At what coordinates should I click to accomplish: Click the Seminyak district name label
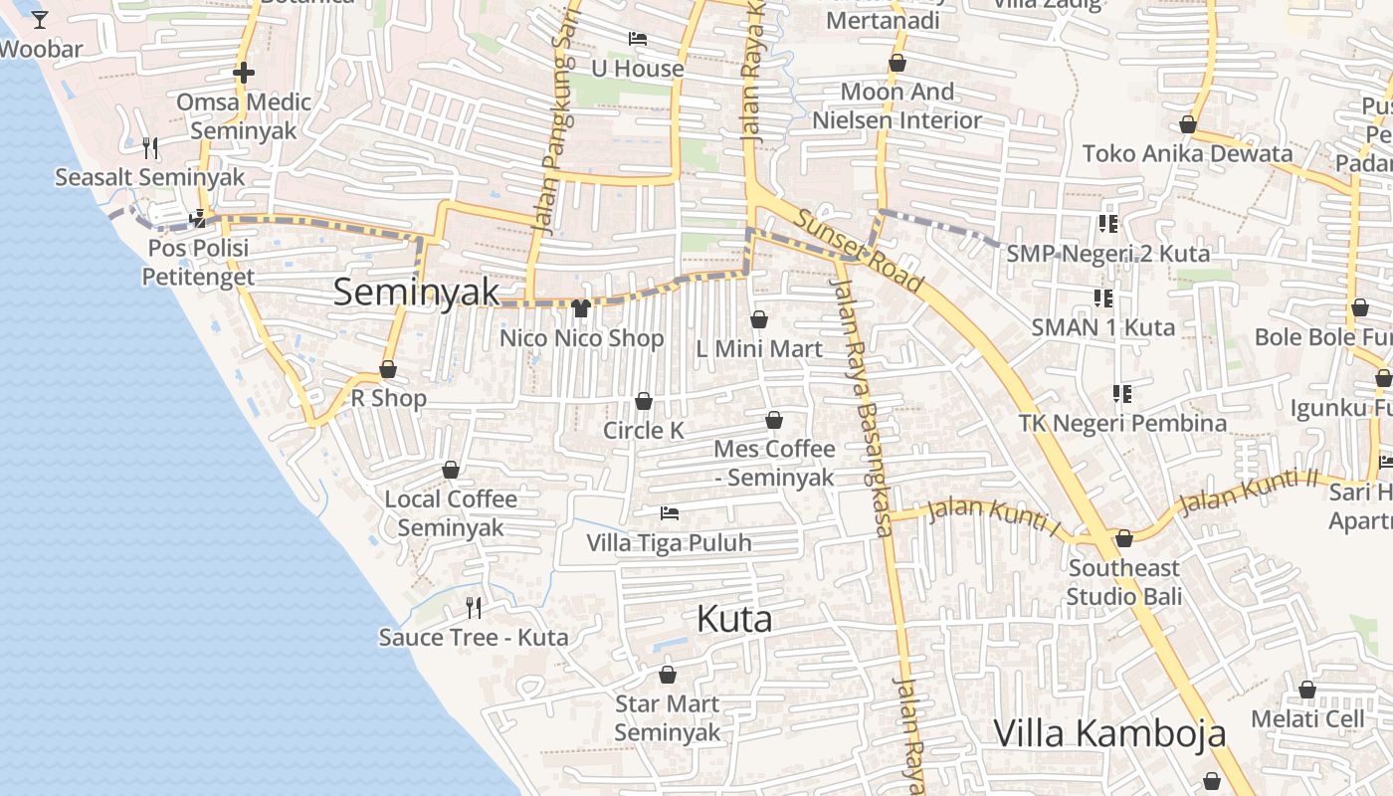pyautogui.click(x=416, y=292)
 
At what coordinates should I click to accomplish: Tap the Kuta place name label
pyautogui.click(x=734, y=619)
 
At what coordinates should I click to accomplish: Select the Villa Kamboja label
pyautogui.click(x=1109, y=733)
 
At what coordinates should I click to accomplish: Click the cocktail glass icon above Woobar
pyautogui.click(x=40, y=19)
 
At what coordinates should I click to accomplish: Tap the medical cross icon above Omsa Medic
pyautogui.click(x=244, y=73)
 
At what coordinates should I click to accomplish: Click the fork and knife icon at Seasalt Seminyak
pyautogui.click(x=150, y=148)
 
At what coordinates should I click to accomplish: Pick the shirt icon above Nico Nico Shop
pyautogui.click(x=582, y=308)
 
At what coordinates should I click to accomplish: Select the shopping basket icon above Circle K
pyautogui.click(x=644, y=401)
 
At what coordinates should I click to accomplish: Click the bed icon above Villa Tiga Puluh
pyautogui.click(x=670, y=513)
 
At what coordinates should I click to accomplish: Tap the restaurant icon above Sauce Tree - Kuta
pyautogui.click(x=474, y=607)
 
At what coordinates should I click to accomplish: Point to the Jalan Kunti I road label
pyautogui.click(x=993, y=513)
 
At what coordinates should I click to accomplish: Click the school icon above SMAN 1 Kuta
pyautogui.click(x=1102, y=298)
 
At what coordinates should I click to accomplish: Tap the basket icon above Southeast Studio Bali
pyautogui.click(x=1124, y=538)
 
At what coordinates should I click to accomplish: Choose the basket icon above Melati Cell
pyautogui.click(x=1307, y=690)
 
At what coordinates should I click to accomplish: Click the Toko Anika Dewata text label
pyautogui.click(x=1187, y=153)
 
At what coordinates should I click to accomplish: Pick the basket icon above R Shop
pyautogui.click(x=388, y=369)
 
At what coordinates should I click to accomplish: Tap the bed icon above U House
pyautogui.click(x=638, y=39)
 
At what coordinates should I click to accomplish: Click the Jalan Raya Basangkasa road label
pyautogui.click(x=864, y=408)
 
